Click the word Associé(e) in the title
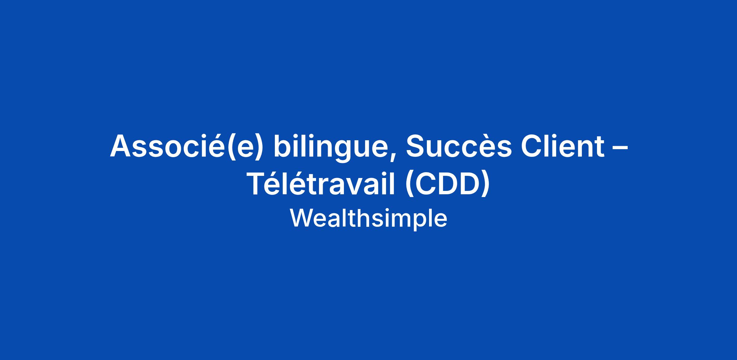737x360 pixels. (187, 147)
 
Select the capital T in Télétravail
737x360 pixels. (257, 184)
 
